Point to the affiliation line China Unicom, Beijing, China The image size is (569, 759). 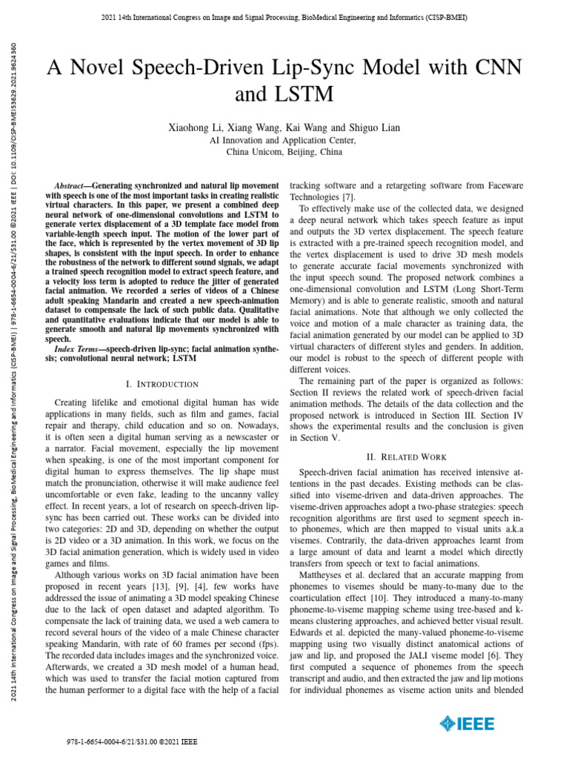click(284, 151)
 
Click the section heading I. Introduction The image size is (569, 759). click(162, 384)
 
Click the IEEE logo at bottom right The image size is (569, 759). click(465, 723)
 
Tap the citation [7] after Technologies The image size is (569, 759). click(348, 196)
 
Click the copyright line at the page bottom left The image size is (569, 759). click(132, 741)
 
